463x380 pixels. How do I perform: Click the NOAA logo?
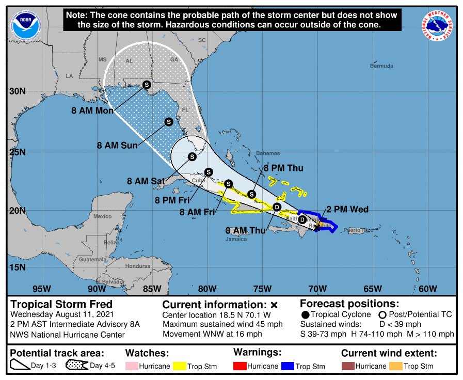pyautogui.click(x=23, y=24)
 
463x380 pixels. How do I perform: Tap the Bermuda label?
pyautogui.click(x=381, y=66)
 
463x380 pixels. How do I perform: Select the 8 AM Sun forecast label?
pyautogui.click(x=117, y=146)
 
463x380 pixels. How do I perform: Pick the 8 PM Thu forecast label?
pyautogui.click(x=283, y=168)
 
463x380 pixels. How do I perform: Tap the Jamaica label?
pyautogui.click(x=236, y=239)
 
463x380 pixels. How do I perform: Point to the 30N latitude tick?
pyautogui.click(x=18, y=91)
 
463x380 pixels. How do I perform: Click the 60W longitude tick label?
pyautogui.click(x=428, y=288)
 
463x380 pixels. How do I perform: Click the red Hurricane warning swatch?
pyautogui.click(x=240, y=367)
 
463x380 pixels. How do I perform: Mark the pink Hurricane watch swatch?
pyautogui.click(x=132, y=367)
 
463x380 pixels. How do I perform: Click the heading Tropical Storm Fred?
pyautogui.click(x=61, y=304)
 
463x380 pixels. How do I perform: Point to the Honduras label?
pyautogui.click(x=138, y=266)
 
